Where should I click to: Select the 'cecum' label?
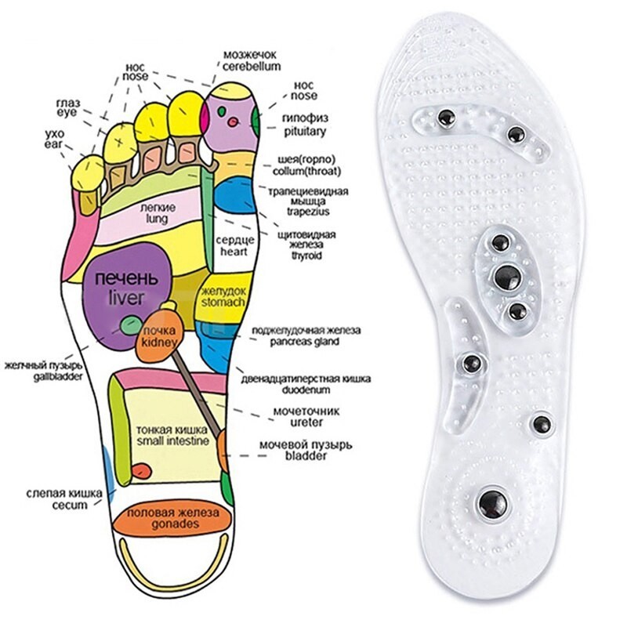[x=53, y=506]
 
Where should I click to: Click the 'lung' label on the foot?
[x=162, y=220]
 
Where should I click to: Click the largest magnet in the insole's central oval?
[x=506, y=275]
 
